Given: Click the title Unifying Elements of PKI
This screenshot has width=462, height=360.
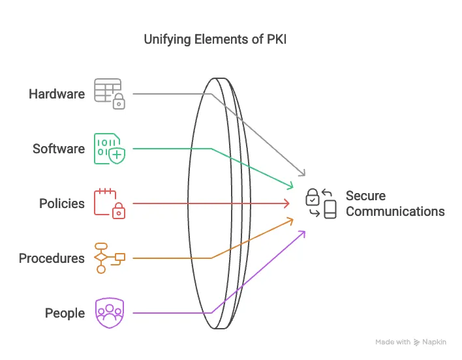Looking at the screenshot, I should click(215, 40).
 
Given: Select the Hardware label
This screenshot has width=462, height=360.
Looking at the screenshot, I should click(57, 94).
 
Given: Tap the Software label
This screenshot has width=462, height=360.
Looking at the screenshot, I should click(59, 149).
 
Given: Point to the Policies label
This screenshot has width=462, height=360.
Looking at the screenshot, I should click(62, 203).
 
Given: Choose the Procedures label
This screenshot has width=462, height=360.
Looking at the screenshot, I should click(52, 258).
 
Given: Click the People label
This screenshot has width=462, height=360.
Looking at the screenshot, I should click(65, 313).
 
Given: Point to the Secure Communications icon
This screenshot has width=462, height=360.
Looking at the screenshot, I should click(321, 203).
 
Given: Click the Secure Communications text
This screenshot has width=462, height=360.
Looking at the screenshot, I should click(395, 203).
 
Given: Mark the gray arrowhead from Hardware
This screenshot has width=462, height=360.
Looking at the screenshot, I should click(302, 173).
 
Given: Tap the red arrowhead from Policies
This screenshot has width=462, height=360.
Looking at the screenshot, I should click(286, 203).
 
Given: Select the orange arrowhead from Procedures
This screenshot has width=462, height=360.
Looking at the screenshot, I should click(289, 220).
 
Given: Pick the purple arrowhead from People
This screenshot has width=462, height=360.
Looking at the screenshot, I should click(302, 233).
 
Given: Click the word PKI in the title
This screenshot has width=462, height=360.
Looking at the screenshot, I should click(274, 40).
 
